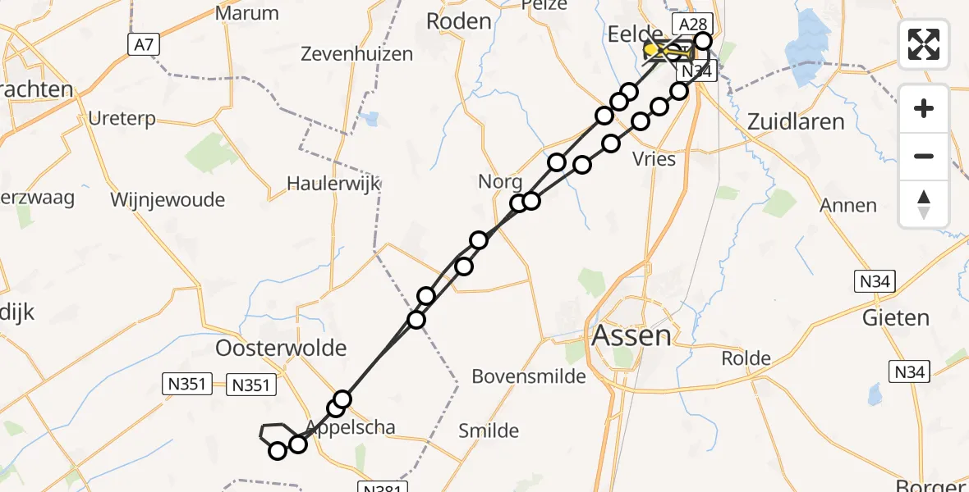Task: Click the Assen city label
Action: point(630,335)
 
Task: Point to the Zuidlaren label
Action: point(796,122)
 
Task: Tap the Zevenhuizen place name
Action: point(356,55)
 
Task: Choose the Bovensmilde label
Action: point(529,376)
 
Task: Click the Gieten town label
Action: point(896,317)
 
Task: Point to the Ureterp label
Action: point(122,119)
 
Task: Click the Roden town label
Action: point(459,21)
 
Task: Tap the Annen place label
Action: point(848,205)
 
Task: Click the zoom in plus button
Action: point(924,108)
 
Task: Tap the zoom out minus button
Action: point(924,156)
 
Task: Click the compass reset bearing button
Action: point(924,203)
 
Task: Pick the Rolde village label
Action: point(746,358)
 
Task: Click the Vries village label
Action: point(654,159)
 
